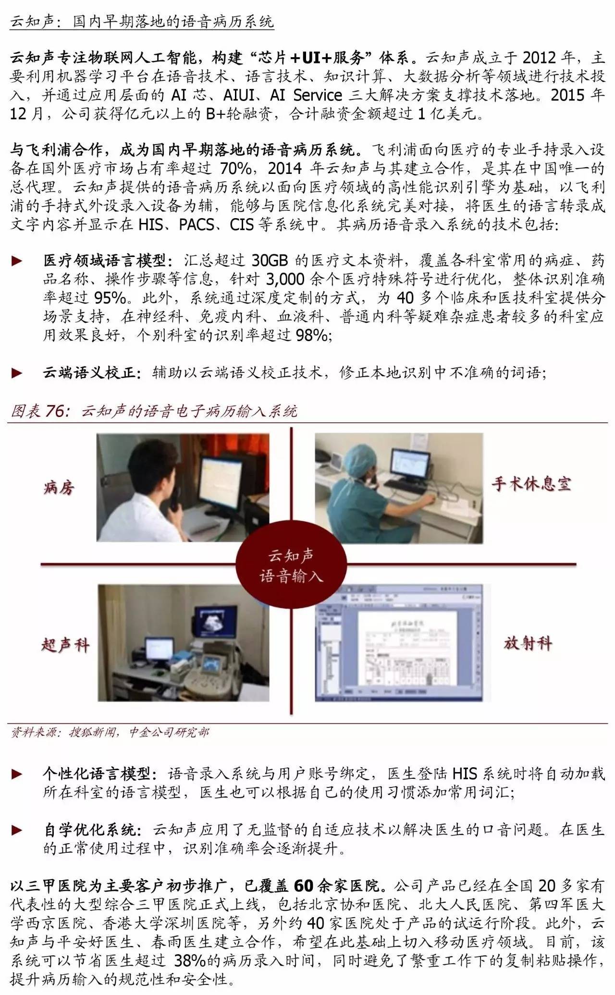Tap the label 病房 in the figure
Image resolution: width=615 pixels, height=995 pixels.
(59, 488)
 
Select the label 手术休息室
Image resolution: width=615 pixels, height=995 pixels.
(531, 483)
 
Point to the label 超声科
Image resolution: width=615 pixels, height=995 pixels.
(65, 645)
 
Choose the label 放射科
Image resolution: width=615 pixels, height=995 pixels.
(528, 643)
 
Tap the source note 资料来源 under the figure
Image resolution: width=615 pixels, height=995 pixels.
(110, 732)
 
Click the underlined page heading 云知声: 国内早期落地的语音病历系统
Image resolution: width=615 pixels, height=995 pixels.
(142, 22)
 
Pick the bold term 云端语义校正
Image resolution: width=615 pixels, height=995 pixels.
(92, 372)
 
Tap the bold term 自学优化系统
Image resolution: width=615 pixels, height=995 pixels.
(92, 830)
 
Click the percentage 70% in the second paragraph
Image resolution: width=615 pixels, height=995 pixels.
(235, 169)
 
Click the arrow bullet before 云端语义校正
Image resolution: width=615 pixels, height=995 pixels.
(17, 372)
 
